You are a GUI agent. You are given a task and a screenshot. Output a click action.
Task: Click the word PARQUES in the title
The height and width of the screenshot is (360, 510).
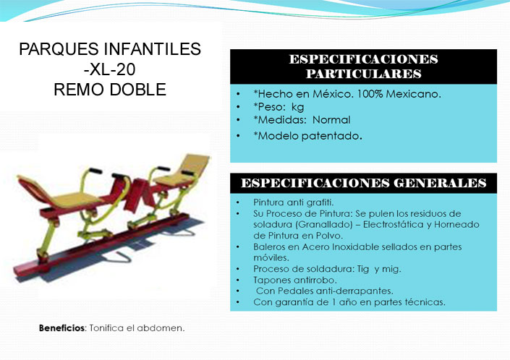click(x=59, y=49)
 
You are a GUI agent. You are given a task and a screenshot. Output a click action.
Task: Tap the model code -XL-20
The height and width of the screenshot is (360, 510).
click(x=110, y=69)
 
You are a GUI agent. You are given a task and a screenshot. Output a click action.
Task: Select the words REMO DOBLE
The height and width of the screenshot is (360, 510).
click(x=110, y=90)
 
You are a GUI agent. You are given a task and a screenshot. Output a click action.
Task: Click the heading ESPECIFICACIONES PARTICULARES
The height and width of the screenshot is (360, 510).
click(x=363, y=67)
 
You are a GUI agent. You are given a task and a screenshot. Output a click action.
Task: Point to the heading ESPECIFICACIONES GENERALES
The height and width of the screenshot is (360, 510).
click(x=363, y=183)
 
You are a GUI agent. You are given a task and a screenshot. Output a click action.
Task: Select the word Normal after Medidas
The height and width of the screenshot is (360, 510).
click(x=331, y=120)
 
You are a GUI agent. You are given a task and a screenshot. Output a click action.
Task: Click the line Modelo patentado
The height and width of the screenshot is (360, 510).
click(x=308, y=136)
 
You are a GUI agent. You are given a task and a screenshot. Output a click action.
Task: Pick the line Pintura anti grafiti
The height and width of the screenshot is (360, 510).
click(x=294, y=202)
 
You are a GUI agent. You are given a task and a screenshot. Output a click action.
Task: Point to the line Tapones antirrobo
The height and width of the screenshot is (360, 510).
click(x=295, y=280)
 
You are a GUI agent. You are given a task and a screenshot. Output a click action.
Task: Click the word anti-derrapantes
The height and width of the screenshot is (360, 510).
click(x=354, y=291)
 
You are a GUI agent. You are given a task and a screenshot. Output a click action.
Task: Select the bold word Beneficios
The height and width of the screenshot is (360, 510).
click(x=61, y=328)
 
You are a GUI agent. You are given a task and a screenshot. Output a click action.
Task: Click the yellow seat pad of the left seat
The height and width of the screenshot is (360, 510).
click(x=75, y=200)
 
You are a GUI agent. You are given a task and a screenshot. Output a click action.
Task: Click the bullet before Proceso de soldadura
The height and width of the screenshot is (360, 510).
click(x=238, y=269)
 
